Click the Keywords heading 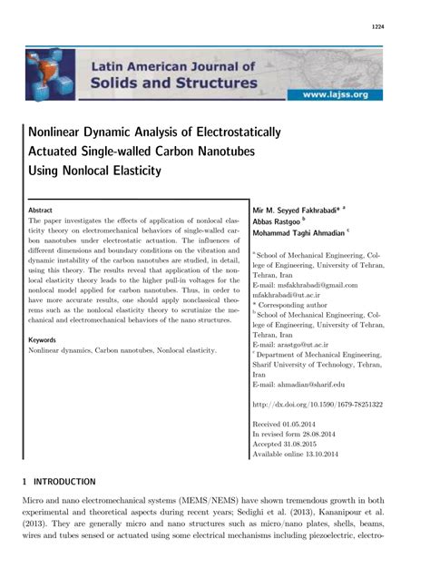pos(44,339)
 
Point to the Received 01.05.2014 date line pos(291,424)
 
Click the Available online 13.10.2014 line pos(304,455)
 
